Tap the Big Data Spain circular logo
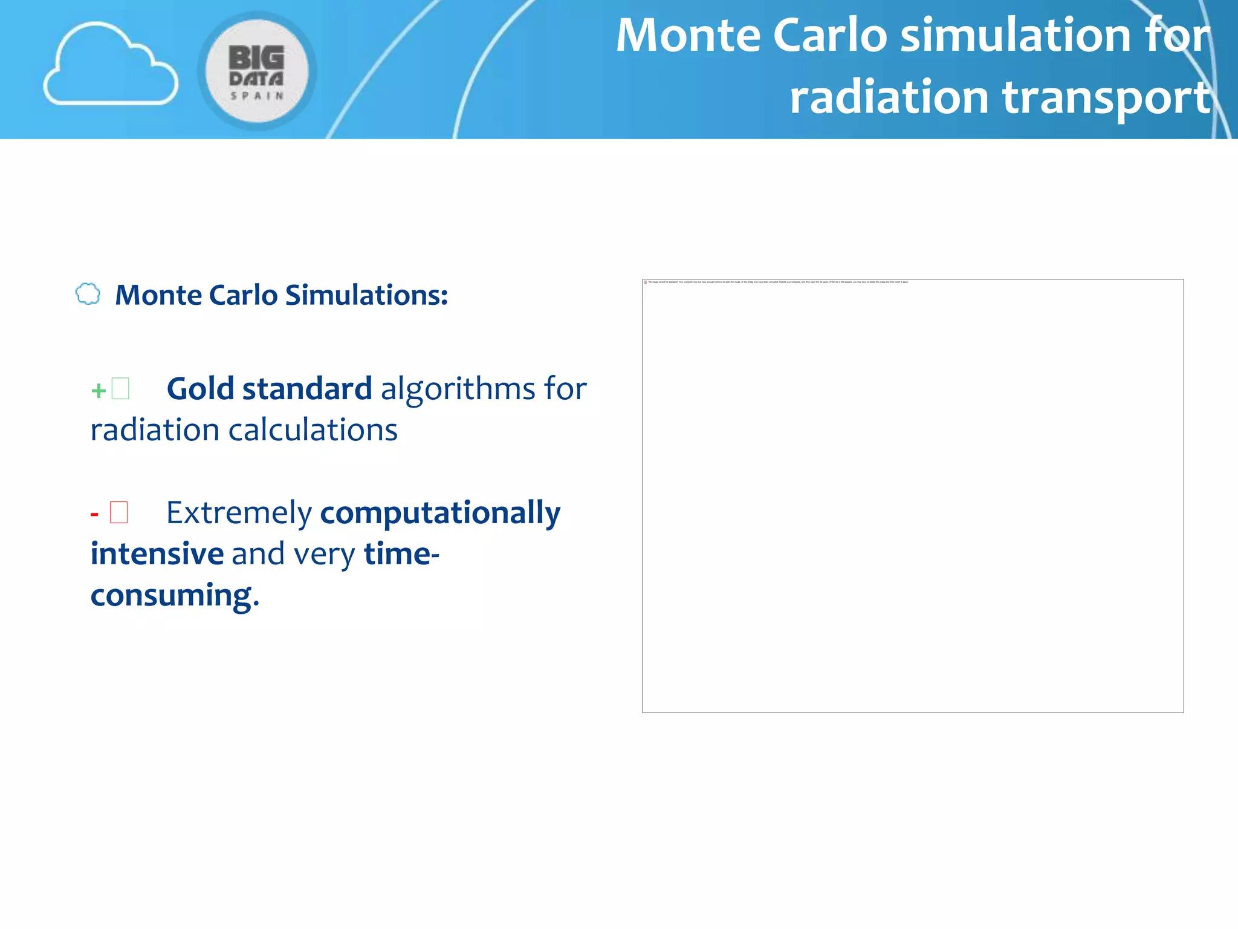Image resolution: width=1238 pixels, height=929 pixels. tap(257, 71)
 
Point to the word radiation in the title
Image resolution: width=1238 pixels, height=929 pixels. tap(889, 98)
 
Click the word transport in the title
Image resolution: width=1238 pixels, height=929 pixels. tap(1107, 98)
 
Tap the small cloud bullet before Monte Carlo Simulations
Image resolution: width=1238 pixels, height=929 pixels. tap(88, 294)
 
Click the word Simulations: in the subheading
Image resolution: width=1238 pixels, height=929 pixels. tap(366, 295)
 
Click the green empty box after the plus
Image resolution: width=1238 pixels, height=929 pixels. tap(120, 388)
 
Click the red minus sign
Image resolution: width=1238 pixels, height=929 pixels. tap(94, 515)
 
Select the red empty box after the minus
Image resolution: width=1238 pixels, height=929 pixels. tap(118, 512)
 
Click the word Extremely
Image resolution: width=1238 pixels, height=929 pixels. tap(239, 513)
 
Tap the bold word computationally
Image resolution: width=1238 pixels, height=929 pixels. tap(440, 513)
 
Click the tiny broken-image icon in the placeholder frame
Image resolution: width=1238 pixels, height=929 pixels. tap(646, 282)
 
